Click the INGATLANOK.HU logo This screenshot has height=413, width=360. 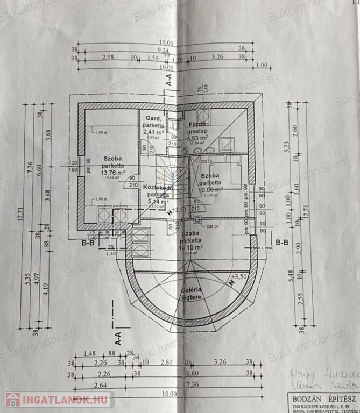pos(59,400)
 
